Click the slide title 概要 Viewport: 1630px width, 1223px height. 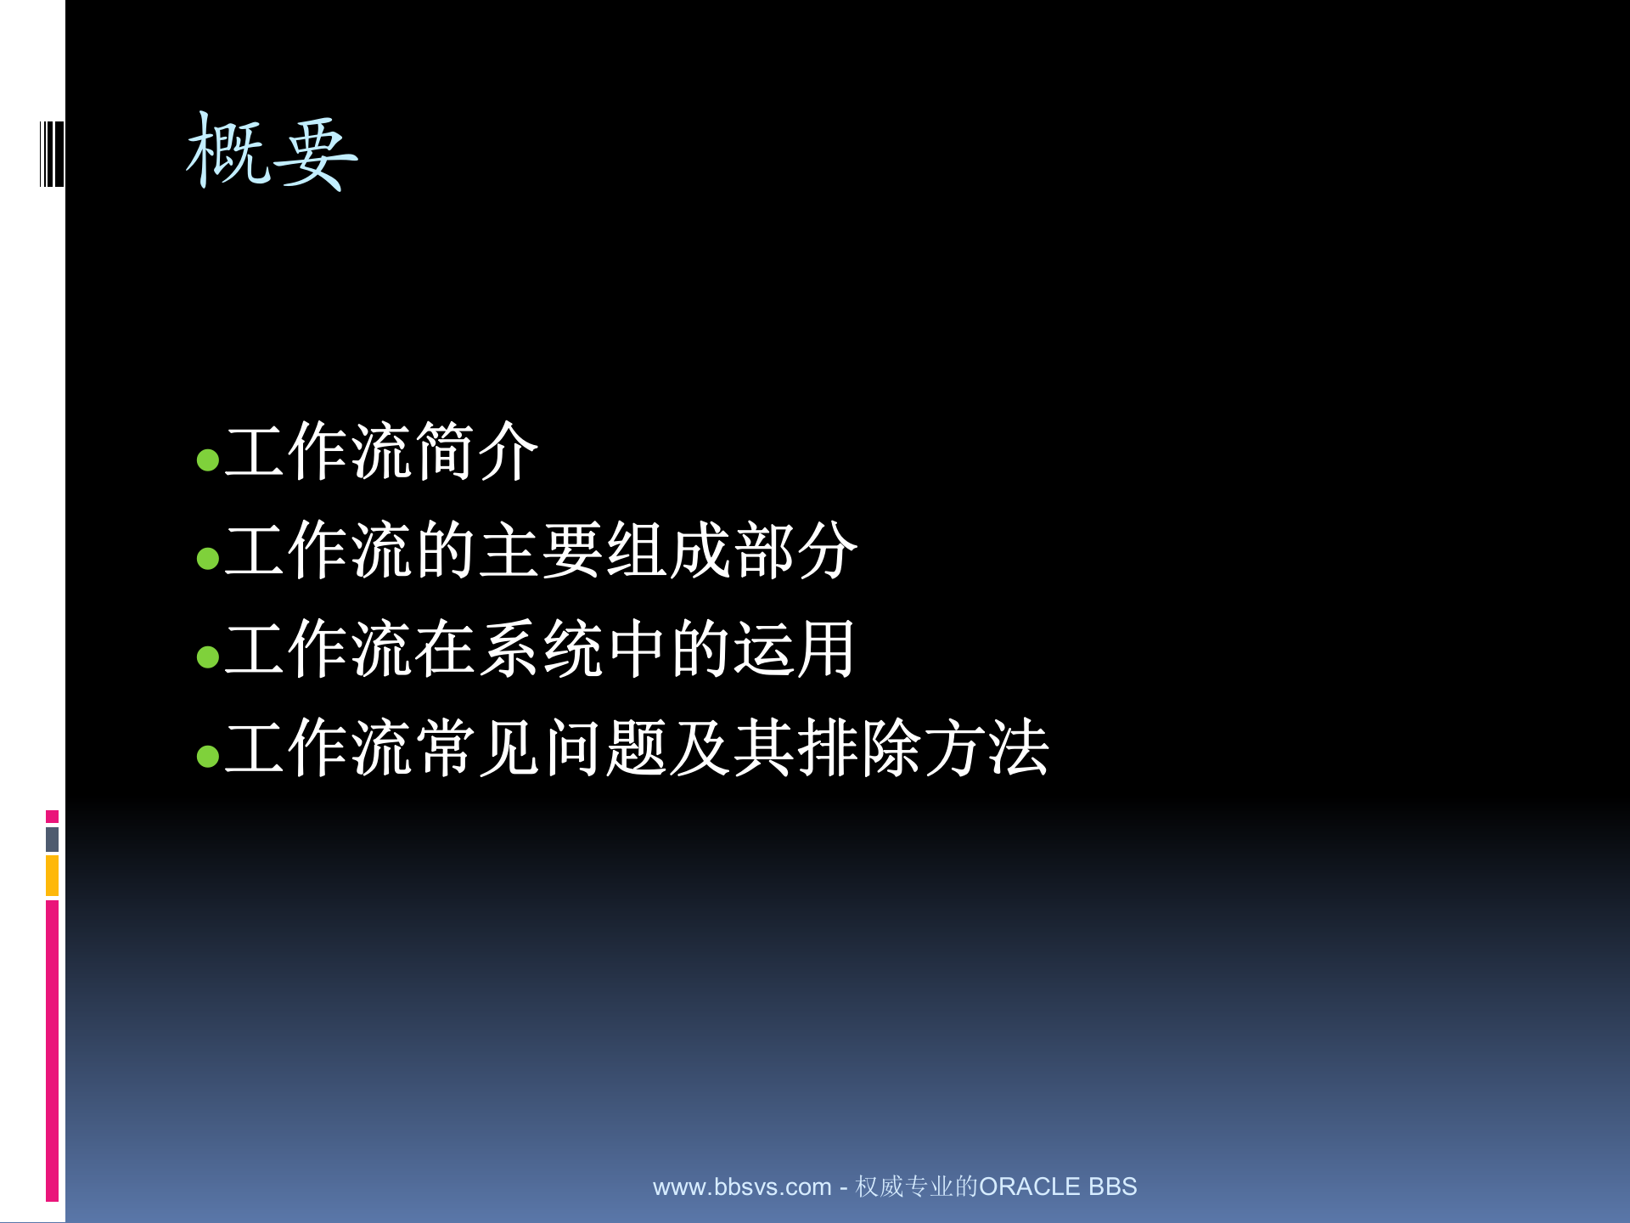pos(272,153)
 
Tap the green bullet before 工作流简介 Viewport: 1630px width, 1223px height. pos(208,460)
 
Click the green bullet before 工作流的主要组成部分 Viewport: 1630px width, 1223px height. pos(208,558)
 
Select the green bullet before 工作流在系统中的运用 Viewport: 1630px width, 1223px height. pos(208,657)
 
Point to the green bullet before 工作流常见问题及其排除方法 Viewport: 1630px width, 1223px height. pos(208,755)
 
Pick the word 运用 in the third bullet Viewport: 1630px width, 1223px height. pos(794,649)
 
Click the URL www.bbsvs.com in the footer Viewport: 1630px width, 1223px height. pos(741,1186)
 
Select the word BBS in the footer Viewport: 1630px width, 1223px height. pos(1112,1186)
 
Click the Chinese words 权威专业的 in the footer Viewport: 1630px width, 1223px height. pos(917,1186)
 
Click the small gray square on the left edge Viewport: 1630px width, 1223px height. pos(52,839)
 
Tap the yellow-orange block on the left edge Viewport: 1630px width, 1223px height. pos(52,876)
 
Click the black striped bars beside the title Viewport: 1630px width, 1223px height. pos(52,154)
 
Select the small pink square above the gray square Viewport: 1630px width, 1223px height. pos(52,816)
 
